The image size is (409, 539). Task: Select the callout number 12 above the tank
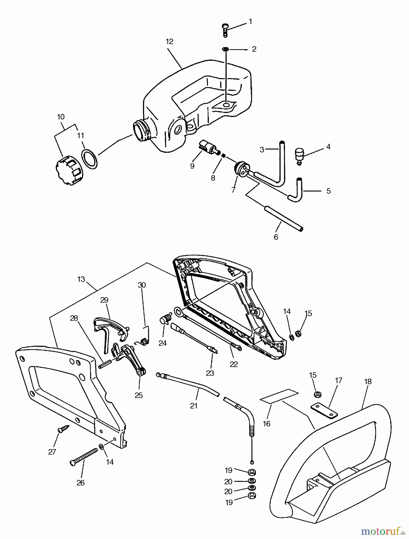170,42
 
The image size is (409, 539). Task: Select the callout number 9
192,166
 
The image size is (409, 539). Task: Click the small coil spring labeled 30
144,341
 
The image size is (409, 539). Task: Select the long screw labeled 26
84,456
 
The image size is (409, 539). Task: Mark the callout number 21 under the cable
194,406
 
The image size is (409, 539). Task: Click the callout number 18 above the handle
368,381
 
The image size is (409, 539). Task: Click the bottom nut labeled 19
252,495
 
